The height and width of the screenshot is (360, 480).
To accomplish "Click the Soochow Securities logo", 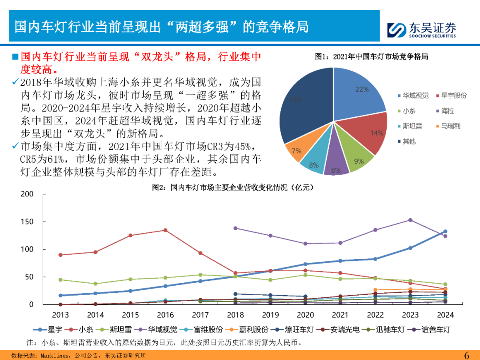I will click(x=421, y=29).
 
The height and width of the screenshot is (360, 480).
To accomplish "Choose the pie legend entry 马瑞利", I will click(x=450, y=126).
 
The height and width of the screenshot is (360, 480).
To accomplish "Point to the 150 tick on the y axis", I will click(x=27, y=222).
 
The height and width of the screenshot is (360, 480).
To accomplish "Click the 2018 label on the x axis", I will click(x=236, y=315).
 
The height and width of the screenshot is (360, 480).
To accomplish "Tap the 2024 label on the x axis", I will click(x=445, y=315).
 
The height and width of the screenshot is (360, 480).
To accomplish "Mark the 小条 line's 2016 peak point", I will click(x=165, y=230).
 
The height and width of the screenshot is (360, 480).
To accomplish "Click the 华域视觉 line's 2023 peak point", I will click(x=410, y=220).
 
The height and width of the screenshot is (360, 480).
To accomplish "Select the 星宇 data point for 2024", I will click(x=445, y=232).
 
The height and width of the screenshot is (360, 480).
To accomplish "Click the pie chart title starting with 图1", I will click(x=371, y=56).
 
